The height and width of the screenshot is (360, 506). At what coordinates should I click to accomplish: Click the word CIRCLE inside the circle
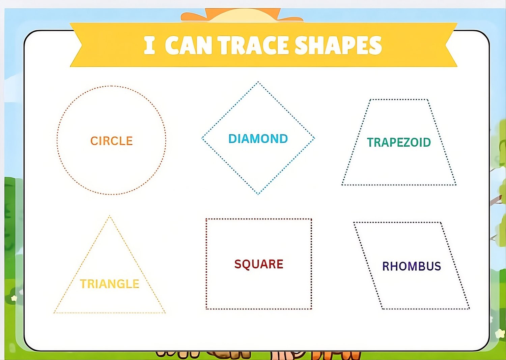[111, 141]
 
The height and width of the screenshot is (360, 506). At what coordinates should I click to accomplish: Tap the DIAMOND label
[258, 139]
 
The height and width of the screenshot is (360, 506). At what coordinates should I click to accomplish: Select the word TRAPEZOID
[399, 142]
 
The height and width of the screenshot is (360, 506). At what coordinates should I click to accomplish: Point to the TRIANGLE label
[110, 284]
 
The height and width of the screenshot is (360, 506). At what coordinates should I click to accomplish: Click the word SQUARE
[259, 264]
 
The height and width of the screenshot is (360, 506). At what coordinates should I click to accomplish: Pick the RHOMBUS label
[411, 266]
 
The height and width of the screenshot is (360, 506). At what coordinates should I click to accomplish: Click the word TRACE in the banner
[254, 46]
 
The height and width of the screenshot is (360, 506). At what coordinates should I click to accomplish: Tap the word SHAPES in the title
[338, 46]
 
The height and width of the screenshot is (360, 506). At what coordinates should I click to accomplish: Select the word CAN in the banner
[189, 46]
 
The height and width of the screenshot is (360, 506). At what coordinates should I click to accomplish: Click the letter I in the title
[149, 46]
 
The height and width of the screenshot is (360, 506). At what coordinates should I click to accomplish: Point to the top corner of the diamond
[258, 82]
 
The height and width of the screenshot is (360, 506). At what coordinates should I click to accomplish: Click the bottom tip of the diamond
[258, 194]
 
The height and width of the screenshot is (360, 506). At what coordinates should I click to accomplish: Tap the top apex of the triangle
[110, 216]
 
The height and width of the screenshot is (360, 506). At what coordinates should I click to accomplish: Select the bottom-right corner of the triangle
[165, 313]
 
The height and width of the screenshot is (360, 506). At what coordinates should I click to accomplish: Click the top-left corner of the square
[206, 219]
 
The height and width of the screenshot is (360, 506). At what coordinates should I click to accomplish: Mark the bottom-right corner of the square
[311, 309]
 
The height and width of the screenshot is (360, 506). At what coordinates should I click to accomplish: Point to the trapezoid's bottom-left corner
[342, 185]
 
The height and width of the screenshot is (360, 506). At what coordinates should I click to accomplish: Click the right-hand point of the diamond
[314, 138]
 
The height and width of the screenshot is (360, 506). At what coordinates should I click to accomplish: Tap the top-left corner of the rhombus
[354, 222]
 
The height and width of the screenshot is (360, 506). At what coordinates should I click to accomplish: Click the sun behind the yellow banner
[242, 16]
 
